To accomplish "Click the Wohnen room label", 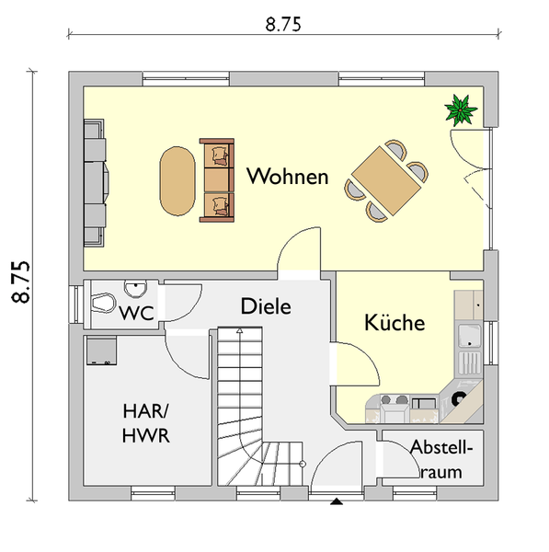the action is coord(288,176).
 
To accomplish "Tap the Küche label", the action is coord(395,322).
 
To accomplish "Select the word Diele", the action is coord(266,306).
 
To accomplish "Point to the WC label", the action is coord(136,313).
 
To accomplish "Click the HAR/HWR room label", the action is coord(145,423).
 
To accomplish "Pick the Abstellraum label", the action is coord(441,459).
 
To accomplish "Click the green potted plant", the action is coord(461,109).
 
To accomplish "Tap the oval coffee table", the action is coord(177,181).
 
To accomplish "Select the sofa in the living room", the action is coord(217,180).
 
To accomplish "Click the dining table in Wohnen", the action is coord(386,180).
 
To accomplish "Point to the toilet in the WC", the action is coord(104,303).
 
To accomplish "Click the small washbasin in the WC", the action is coord(135,289).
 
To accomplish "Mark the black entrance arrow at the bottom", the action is coord(337,501).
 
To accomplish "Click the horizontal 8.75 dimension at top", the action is coord(283,25).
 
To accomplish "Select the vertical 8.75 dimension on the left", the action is coord(20,282).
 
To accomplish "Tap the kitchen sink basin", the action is coord(470,336).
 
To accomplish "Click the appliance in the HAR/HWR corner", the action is coord(102,351).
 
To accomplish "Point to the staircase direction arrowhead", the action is coord(240,330).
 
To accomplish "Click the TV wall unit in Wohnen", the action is coord(95,183).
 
